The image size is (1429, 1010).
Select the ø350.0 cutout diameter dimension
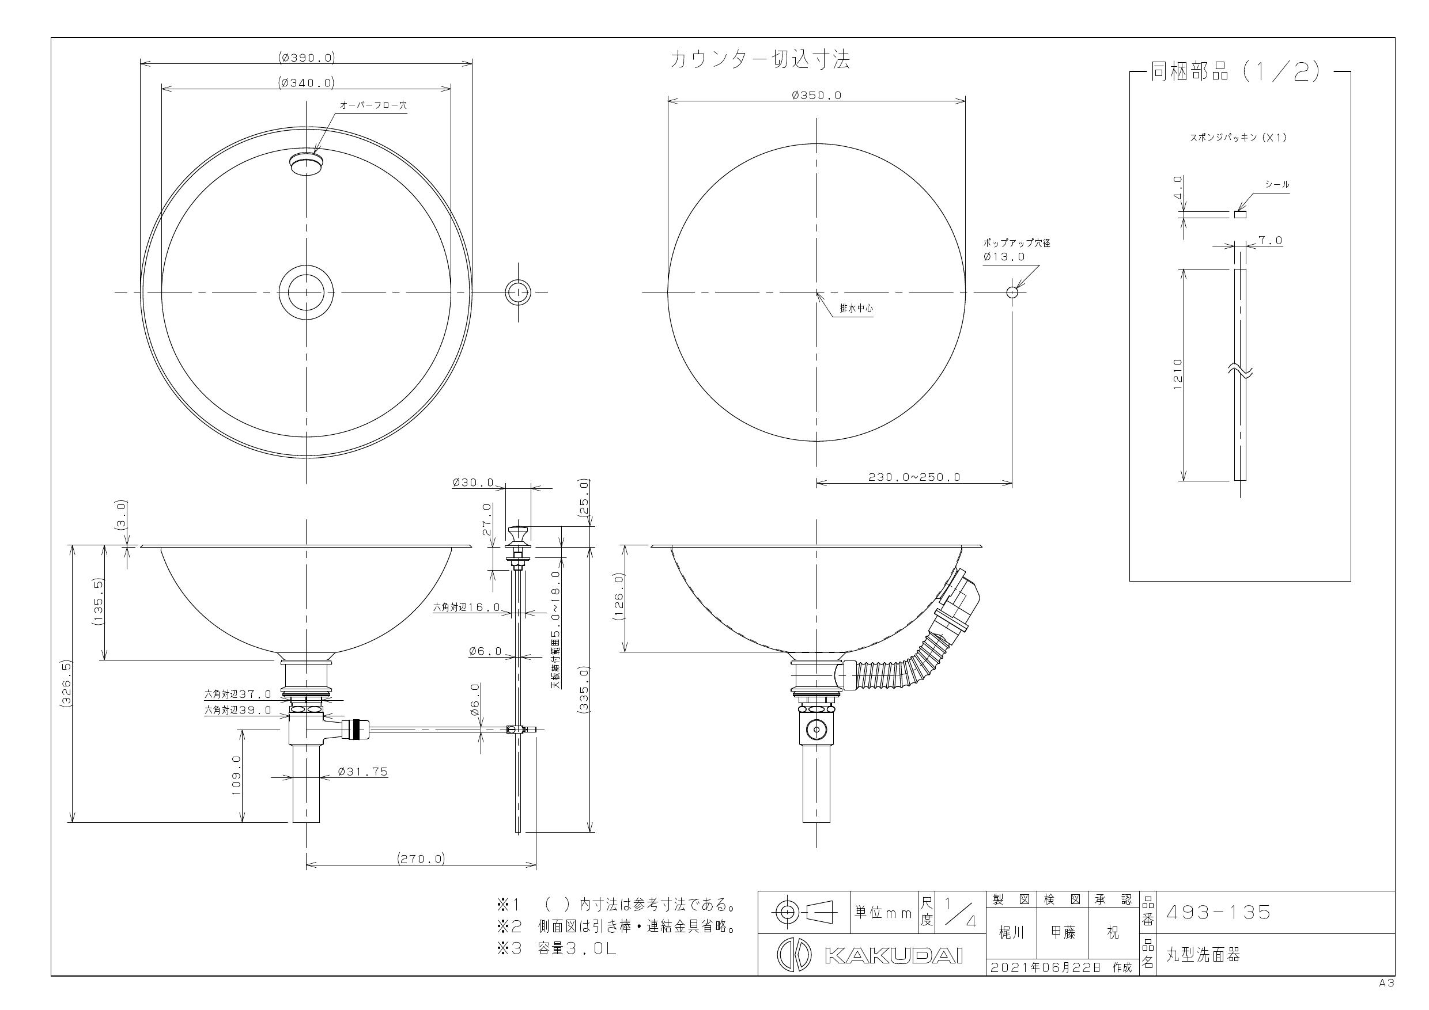coord(816,95)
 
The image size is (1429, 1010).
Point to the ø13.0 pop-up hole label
coord(1004,256)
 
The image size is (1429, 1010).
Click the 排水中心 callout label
coord(856,309)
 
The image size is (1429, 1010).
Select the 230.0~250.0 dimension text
coord(914,477)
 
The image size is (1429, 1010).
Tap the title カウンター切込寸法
coord(759,60)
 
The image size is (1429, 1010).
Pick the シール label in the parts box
coord(1276,185)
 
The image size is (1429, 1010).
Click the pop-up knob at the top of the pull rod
coord(518,534)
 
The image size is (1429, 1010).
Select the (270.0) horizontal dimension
coord(421,859)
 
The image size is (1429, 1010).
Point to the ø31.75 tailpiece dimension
coord(362,772)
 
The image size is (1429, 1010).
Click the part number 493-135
coord(1218,912)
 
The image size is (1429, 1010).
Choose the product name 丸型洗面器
coord(1203,955)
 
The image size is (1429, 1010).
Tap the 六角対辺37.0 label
coord(238,694)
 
